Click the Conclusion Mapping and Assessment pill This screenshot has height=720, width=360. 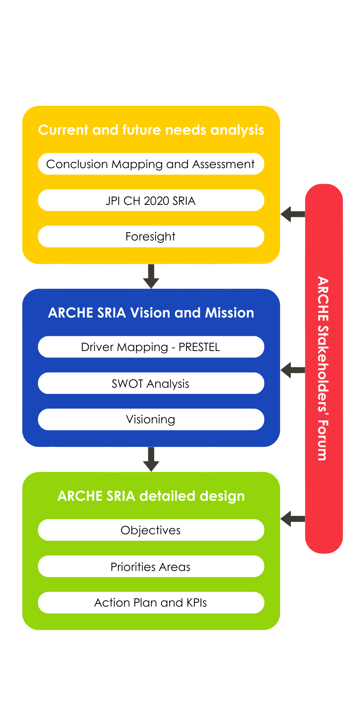coord(151,164)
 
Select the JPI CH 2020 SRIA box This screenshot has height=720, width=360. coord(151,201)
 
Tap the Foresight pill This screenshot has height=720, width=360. coord(151,237)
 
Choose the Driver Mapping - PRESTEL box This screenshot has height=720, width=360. coord(151,347)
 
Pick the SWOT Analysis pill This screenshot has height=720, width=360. coord(151,383)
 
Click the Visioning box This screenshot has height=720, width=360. coord(151,419)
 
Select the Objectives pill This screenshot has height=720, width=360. coord(151,530)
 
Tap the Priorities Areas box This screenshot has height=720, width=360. coord(151,567)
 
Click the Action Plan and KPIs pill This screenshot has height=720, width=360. coord(151,603)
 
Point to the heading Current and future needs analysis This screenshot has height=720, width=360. coord(151,130)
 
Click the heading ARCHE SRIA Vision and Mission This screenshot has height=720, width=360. coord(151,313)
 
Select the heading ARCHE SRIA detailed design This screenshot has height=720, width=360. coord(151,496)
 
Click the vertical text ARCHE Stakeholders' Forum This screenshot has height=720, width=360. coord(323,368)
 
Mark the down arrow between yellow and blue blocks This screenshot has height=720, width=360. coord(151,276)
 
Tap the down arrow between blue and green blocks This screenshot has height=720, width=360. coord(151,459)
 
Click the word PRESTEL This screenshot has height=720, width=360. coord(199,347)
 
